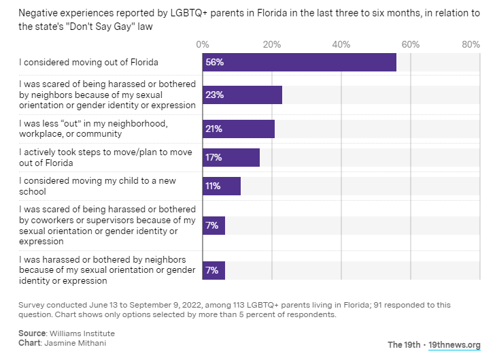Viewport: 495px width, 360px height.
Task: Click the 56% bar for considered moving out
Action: tap(299, 63)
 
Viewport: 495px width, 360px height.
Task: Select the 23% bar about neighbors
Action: tap(242, 95)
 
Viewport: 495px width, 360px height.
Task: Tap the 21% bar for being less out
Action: tap(239, 129)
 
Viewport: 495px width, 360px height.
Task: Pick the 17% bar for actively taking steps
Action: tap(231, 158)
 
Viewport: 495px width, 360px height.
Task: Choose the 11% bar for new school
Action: tap(222, 186)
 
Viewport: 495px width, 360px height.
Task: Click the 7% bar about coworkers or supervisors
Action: tap(214, 226)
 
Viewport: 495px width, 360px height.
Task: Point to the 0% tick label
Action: tap(202, 44)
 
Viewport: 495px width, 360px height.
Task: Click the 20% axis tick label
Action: tap(271, 44)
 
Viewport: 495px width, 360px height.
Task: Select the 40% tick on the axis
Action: tap(341, 44)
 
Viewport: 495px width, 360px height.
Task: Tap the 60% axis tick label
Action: tap(410, 44)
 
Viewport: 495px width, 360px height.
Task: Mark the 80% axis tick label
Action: tap(471, 44)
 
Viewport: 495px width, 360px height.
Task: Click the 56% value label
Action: tap(215, 63)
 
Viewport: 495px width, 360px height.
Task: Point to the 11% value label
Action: tap(214, 186)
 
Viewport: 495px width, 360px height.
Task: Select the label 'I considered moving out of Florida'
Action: tap(88, 63)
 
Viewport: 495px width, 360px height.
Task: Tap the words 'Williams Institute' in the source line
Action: tap(82, 333)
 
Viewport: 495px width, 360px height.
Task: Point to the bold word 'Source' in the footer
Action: tap(32, 333)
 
